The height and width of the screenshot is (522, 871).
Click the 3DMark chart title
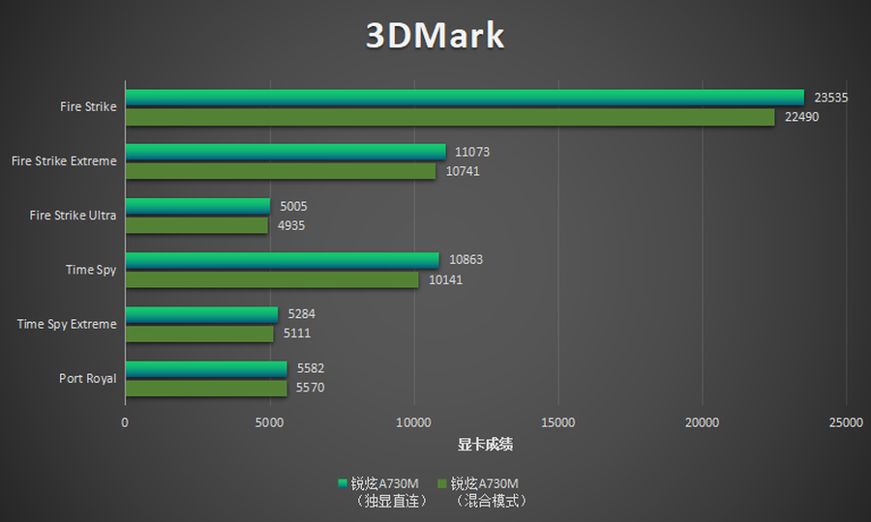435,36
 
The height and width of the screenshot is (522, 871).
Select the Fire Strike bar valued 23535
465,97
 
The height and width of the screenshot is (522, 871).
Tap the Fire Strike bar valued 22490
450,117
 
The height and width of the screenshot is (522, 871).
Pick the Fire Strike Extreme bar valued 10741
281,171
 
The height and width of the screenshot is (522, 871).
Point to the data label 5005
293,206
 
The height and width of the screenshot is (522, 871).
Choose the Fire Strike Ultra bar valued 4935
196,225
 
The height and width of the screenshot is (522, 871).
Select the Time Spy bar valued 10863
283,260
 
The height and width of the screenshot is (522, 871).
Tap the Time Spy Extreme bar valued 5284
201,314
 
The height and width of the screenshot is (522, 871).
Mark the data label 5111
296,333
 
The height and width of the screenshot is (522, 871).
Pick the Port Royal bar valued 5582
206,368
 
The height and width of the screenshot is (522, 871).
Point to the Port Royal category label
87,379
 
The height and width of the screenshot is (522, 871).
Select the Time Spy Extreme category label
67,325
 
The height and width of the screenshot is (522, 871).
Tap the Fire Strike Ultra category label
73,216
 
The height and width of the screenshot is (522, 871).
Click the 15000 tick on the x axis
558,422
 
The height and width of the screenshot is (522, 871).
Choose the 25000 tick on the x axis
846,422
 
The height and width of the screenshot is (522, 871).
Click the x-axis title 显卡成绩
485,445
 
